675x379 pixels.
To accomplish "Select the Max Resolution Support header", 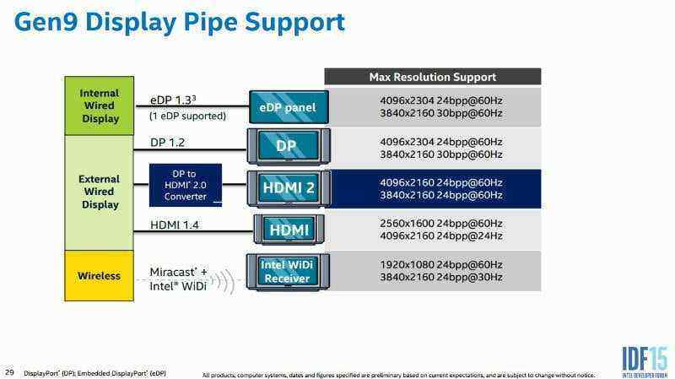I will pyautogui.click(x=432, y=77).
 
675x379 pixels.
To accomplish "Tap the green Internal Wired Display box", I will pyautogui.click(x=100, y=106).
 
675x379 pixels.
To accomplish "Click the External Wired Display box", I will pyautogui.click(x=100, y=192).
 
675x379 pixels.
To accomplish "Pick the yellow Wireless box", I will pyautogui.click(x=100, y=275).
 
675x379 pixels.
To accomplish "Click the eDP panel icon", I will pyautogui.click(x=288, y=107).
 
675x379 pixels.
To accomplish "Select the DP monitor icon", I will pyautogui.click(x=287, y=146).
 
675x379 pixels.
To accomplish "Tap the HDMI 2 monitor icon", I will pyautogui.click(x=287, y=187).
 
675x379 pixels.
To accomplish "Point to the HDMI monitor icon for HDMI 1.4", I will pyautogui.click(x=289, y=229).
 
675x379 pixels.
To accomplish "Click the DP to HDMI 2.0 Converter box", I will pyautogui.click(x=185, y=185).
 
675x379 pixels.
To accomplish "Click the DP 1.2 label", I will pyautogui.click(x=169, y=143).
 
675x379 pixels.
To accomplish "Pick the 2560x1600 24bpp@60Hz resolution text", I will pyautogui.click(x=440, y=223).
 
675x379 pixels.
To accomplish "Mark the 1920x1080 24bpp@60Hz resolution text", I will pyautogui.click(x=440, y=264).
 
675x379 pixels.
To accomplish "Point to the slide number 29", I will pyautogui.click(x=10, y=371).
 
